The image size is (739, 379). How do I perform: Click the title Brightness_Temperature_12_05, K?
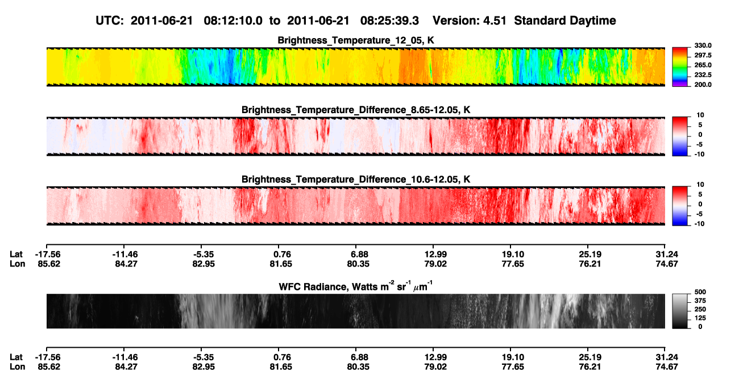click(355, 40)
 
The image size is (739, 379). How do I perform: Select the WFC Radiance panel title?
click(355, 286)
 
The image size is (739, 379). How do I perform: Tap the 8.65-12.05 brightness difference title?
click(356, 110)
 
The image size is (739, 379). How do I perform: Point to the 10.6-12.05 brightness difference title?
click(356, 180)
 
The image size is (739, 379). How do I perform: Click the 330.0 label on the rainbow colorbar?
click(703, 45)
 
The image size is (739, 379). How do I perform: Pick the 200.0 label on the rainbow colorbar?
click(703, 85)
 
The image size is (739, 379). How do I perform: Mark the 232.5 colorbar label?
click(703, 75)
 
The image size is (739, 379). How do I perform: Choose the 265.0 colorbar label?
click(703, 65)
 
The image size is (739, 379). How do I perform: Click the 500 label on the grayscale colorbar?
click(700, 292)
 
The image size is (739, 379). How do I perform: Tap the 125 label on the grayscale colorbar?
click(700, 318)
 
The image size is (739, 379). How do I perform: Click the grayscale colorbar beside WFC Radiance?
click(680, 311)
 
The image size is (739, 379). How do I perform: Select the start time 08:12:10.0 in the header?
click(233, 20)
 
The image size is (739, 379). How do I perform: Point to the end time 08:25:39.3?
click(389, 20)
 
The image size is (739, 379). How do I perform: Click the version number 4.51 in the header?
click(495, 20)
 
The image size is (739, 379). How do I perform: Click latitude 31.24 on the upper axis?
click(666, 255)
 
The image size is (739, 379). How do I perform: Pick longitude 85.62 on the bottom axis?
click(49, 367)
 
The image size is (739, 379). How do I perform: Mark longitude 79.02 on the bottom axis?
click(435, 367)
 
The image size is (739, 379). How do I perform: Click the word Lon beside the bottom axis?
click(17, 367)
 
